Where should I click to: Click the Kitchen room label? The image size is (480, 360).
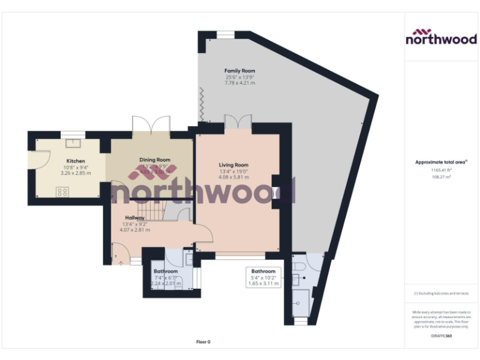coord(76,161)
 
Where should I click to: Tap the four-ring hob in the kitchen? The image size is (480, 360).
coord(62,192)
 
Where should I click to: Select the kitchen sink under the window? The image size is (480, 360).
coord(73,142)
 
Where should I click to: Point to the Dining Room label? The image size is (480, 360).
coord(154,160)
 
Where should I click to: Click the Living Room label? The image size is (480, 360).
coord(233,165)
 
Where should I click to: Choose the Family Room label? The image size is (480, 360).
coord(239,71)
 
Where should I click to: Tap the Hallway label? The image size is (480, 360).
coord(135,217)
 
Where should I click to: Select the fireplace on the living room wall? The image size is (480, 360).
coord(276,191)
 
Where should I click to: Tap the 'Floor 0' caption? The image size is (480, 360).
coord(203,342)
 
